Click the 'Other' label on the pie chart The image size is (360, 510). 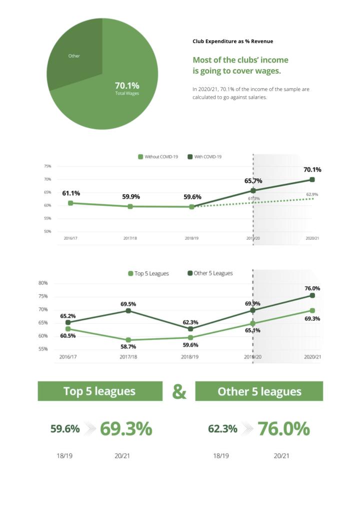74,56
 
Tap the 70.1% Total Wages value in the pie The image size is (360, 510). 127,86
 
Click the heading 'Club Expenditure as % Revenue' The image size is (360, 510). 232,41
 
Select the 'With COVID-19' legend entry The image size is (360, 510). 204,157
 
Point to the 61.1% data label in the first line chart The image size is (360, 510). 71,193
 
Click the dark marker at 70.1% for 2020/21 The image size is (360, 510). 312,180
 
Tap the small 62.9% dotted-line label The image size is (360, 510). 312,194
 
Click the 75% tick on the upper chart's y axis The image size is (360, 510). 47,166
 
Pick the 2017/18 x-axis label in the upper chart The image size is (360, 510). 130,238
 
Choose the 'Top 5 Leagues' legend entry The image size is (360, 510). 148,273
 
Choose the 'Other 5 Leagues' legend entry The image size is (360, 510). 210,273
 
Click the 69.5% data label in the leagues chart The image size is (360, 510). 128,304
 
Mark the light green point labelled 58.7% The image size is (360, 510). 128,340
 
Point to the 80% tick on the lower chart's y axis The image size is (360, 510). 43,283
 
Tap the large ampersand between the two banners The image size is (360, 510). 179,391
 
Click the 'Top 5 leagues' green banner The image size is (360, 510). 100,391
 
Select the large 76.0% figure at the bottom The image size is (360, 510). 283,429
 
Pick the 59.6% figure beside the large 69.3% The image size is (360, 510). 65,429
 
